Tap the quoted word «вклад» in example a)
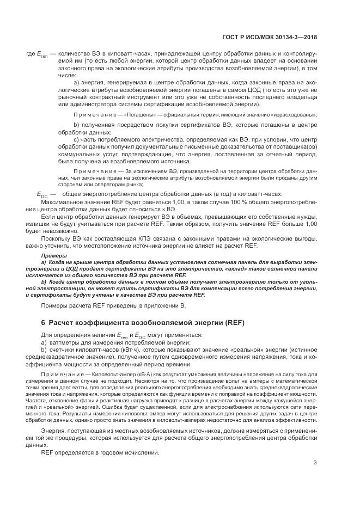tap(234, 269)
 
